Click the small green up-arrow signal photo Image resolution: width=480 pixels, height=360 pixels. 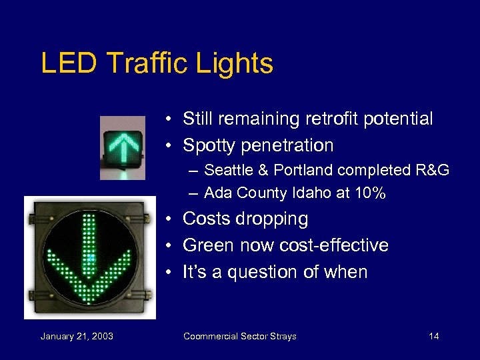click(x=122, y=147)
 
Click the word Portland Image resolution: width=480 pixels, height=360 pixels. click(x=297, y=171)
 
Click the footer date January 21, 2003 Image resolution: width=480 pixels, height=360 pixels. click(x=77, y=336)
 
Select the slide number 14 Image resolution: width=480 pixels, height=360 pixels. click(x=433, y=336)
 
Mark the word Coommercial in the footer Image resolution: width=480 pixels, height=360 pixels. click(x=211, y=336)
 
